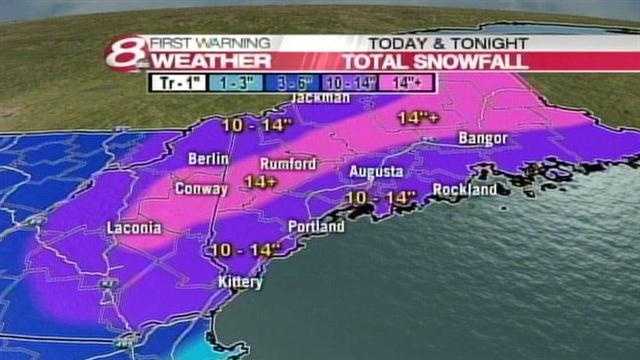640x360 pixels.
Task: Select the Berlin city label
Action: click(209, 159)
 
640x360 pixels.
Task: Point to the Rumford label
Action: click(287, 164)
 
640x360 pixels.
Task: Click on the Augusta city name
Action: click(376, 172)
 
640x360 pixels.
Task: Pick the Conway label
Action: click(201, 188)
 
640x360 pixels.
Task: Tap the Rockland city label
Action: click(465, 189)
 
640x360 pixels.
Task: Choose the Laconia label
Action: click(134, 229)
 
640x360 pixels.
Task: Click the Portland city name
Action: click(316, 228)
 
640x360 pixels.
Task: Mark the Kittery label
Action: click(240, 283)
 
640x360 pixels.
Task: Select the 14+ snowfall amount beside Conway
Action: click(260, 183)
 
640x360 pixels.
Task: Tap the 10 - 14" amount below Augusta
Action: click(379, 199)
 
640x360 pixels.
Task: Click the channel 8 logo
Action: click(130, 53)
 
